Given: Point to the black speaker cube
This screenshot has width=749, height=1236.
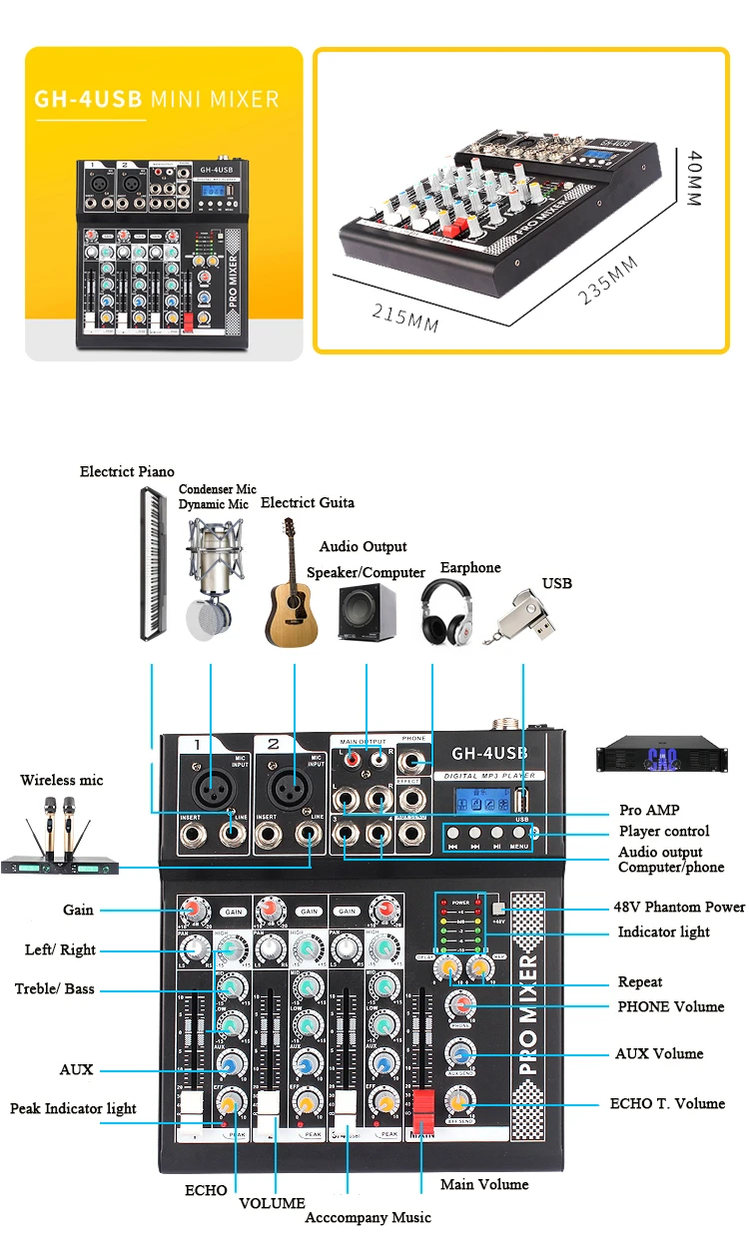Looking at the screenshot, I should pyautogui.click(x=367, y=614).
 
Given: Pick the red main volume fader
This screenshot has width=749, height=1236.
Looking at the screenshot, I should pyautogui.click(x=421, y=1109).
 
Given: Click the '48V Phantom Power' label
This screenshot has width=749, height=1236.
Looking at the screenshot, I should pyautogui.click(x=679, y=907).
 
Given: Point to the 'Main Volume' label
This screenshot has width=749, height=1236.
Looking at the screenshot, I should pyautogui.click(x=484, y=1184).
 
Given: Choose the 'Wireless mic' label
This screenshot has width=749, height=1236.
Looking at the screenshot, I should pyautogui.click(x=62, y=780).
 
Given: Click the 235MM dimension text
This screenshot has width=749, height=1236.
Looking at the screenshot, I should pyautogui.click(x=610, y=282).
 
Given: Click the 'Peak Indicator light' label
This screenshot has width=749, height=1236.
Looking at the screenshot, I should pyautogui.click(x=73, y=1108).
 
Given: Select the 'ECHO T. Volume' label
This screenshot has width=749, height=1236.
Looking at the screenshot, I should pyautogui.click(x=667, y=1103).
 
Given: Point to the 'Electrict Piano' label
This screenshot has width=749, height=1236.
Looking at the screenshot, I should pyautogui.click(x=127, y=471).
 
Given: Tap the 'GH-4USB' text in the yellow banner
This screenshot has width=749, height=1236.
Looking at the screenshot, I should pyautogui.click(x=89, y=99).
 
